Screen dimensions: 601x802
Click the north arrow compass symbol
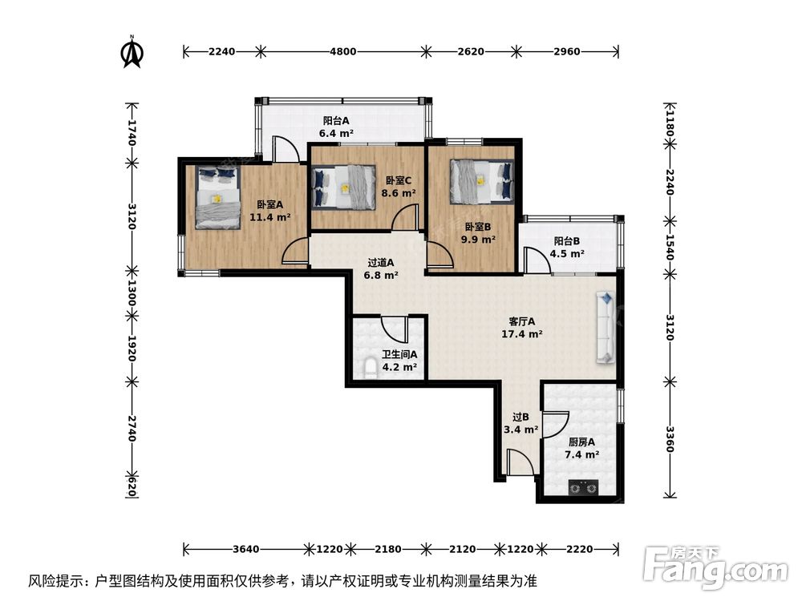point(132,51)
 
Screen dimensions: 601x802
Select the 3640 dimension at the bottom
point(245,549)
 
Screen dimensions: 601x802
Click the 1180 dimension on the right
point(670,126)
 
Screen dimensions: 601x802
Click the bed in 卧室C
point(343,187)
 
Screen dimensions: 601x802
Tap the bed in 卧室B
point(480,181)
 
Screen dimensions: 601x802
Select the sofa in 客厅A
point(606,327)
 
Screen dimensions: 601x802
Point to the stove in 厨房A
point(581,486)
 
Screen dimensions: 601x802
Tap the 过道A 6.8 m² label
point(381,268)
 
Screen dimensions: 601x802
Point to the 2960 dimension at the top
point(565,52)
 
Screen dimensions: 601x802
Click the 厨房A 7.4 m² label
point(582,448)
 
